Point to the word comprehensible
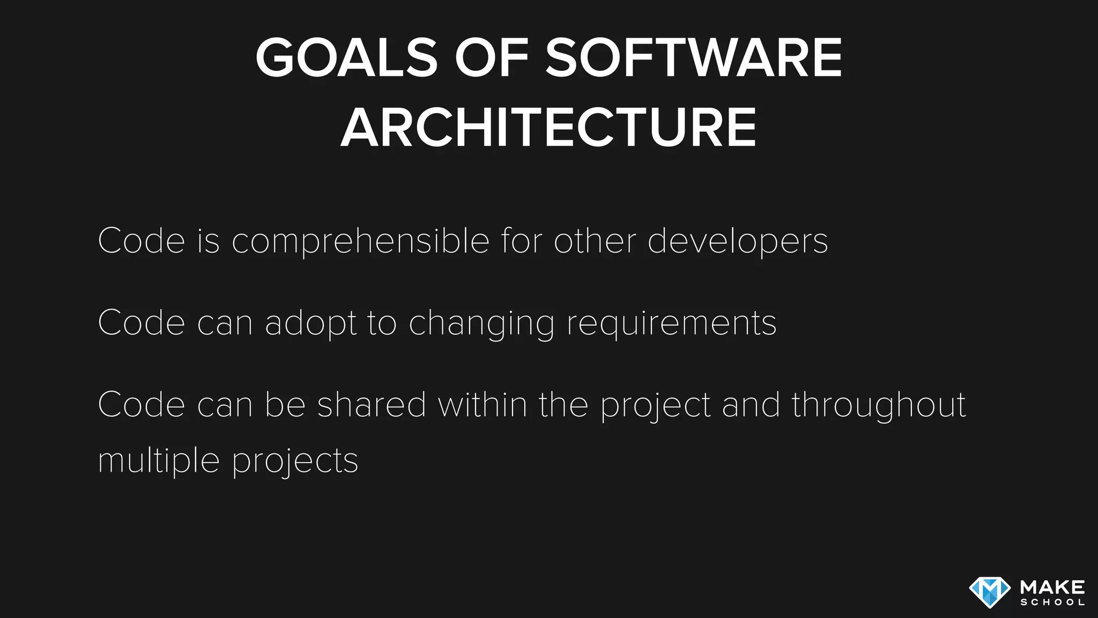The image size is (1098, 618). (360, 241)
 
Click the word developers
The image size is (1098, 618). (738, 241)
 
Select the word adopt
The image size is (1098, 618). (310, 323)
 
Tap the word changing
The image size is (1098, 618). (481, 324)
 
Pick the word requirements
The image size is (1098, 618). (671, 324)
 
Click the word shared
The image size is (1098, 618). (372, 404)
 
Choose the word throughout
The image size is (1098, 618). (879, 406)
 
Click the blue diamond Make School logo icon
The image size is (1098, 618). (990, 592)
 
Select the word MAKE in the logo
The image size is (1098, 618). (1052, 587)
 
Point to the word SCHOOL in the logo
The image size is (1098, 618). (1052, 602)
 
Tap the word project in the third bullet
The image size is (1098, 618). (655, 406)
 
